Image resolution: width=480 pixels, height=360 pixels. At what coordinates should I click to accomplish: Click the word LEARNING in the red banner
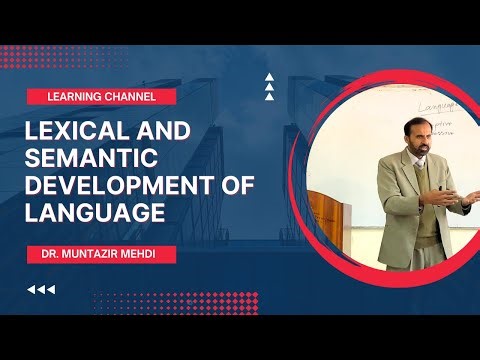79,97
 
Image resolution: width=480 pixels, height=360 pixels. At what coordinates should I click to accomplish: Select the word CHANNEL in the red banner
141,97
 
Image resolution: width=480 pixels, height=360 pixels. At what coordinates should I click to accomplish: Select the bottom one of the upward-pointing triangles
269,98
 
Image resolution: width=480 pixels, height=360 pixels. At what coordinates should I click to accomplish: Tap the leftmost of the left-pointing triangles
31,290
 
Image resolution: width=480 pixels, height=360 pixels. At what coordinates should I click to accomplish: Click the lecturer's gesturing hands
440,196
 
